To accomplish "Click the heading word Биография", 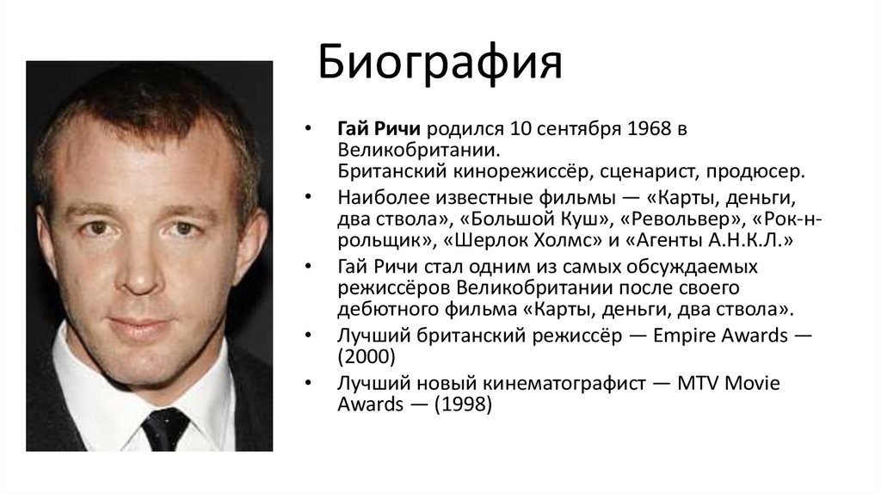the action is coord(440,62).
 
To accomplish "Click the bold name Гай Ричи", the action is coord(379,129).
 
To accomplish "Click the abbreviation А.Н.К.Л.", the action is coord(744,240).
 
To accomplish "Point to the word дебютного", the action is coord(388,310).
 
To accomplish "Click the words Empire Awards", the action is coord(720,336).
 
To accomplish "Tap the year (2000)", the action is coord(367,357).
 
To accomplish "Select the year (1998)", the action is coord(463,404).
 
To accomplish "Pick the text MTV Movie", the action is coord(729,383).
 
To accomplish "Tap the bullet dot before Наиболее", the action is coord(307,197).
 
